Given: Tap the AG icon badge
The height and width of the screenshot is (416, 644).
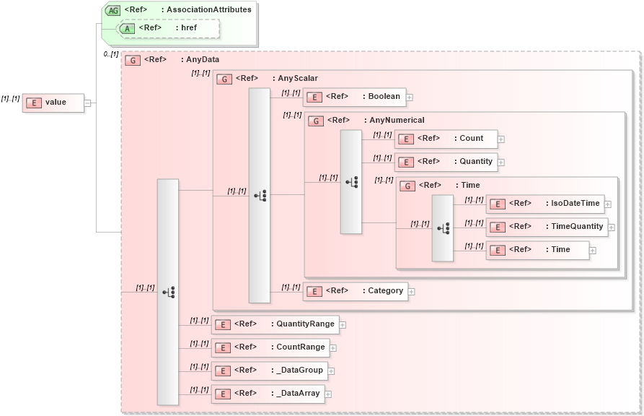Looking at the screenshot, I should pos(113,10).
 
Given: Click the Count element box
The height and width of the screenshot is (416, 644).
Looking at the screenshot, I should pos(445,139).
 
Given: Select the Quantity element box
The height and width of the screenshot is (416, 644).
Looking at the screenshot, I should pos(445,162).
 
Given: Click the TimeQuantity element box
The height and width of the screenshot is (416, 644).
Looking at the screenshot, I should pos(546,227).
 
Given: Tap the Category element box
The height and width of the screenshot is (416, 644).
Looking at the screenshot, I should pos(355,291).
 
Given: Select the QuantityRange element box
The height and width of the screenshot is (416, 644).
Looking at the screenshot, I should pos(275,324).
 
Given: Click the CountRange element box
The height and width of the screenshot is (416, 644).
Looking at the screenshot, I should pos(270,347).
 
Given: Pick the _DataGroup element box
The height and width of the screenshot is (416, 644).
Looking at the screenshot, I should pos(269,370).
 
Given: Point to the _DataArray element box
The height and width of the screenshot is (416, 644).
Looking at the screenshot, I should pos(267,394).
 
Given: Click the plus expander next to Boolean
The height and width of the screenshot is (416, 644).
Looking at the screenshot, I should pos(410,97).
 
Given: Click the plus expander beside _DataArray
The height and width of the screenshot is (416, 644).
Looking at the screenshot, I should pos(328,394).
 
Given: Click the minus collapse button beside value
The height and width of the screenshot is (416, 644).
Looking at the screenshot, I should pos(87,103).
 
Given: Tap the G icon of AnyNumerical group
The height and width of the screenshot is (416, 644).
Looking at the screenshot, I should pos(315,121).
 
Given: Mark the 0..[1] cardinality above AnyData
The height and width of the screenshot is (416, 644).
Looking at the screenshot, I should pos(110,54).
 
